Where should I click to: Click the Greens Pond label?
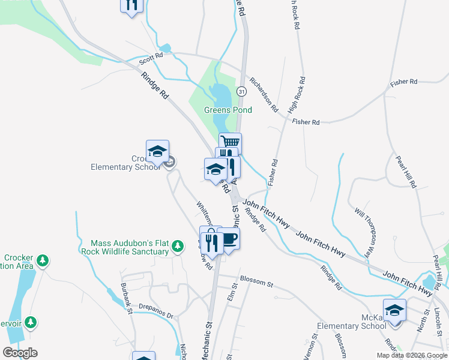[x=228, y=110]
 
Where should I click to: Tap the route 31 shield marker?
[x=241, y=91]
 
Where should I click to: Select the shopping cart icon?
[x=231, y=143]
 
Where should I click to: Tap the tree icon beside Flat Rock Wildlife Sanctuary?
[x=177, y=245]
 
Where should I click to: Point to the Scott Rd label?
[x=151, y=59]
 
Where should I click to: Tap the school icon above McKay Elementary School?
[x=394, y=310]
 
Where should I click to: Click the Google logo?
[x=20, y=353]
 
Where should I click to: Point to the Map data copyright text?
[x=412, y=355]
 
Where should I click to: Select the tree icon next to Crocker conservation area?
[x=42, y=260]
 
